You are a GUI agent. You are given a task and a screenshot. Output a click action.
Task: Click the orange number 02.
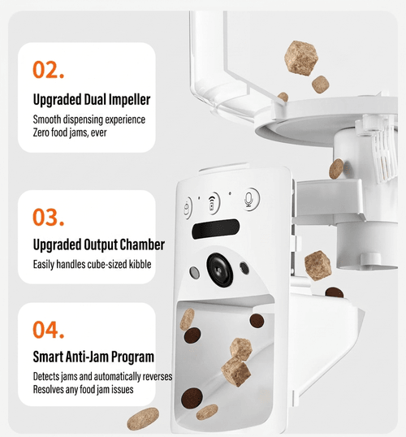click(x=49, y=69)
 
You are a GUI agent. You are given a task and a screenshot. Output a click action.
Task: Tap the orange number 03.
click(x=49, y=217)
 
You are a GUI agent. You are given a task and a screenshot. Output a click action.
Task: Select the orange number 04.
click(x=49, y=330)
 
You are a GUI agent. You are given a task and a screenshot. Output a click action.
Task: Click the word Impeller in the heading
click(x=129, y=100)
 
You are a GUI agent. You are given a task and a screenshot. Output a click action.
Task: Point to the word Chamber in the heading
click(x=142, y=244)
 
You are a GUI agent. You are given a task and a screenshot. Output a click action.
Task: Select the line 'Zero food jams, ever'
click(x=70, y=132)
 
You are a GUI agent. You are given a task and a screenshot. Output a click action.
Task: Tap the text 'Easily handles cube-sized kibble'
click(x=93, y=264)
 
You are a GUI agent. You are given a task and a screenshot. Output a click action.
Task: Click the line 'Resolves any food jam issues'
click(x=83, y=389)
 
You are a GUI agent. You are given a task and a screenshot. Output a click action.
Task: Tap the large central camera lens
click(x=220, y=270)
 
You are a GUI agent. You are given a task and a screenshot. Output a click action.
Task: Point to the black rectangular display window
click(x=216, y=229)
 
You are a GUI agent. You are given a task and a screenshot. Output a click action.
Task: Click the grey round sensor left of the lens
click(x=194, y=272)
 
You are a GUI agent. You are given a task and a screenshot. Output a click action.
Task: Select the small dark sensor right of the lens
click(x=244, y=268)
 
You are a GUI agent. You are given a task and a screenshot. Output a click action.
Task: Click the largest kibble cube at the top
click(x=301, y=58)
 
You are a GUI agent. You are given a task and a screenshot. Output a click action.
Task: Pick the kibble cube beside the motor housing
click(x=318, y=266)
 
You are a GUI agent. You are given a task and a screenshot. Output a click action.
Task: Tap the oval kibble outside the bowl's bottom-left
click(x=143, y=418)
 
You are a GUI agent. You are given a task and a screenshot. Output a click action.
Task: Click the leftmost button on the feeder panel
click(x=188, y=208)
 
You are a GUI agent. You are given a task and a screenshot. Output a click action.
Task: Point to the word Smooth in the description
click(x=47, y=119)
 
